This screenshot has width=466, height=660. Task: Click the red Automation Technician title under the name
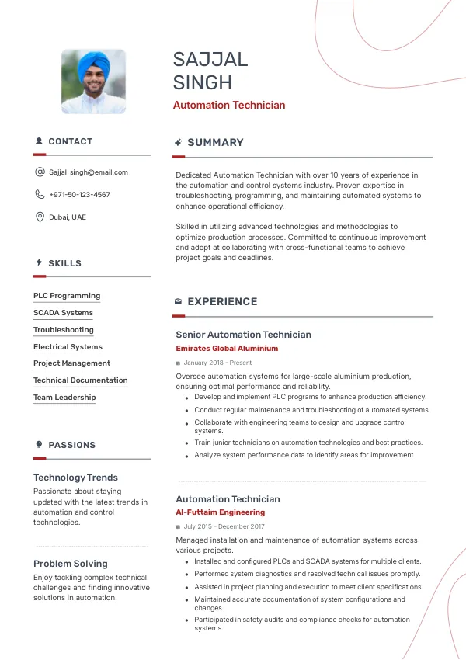(229, 105)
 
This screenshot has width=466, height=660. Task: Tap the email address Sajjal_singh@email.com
(89, 172)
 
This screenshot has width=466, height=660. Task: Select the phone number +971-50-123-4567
(79, 195)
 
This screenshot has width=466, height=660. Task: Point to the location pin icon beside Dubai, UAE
(40, 217)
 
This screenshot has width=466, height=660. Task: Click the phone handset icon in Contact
(40, 195)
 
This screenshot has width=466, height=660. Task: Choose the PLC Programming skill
(67, 296)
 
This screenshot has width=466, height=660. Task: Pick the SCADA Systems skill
(63, 313)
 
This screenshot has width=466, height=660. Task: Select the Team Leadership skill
(64, 398)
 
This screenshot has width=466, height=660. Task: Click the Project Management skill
(71, 363)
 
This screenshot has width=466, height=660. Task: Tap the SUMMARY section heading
(215, 143)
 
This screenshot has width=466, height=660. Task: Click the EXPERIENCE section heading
(222, 301)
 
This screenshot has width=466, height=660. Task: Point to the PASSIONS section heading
(71, 445)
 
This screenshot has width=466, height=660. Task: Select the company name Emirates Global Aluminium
(227, 349)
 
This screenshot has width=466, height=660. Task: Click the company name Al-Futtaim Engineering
(220, 512)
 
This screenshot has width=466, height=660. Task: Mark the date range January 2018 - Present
(217, 363)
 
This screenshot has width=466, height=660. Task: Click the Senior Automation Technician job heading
(243, 335)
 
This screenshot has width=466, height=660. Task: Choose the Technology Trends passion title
(75, 478)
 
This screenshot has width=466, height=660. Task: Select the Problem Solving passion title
(71, 564)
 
